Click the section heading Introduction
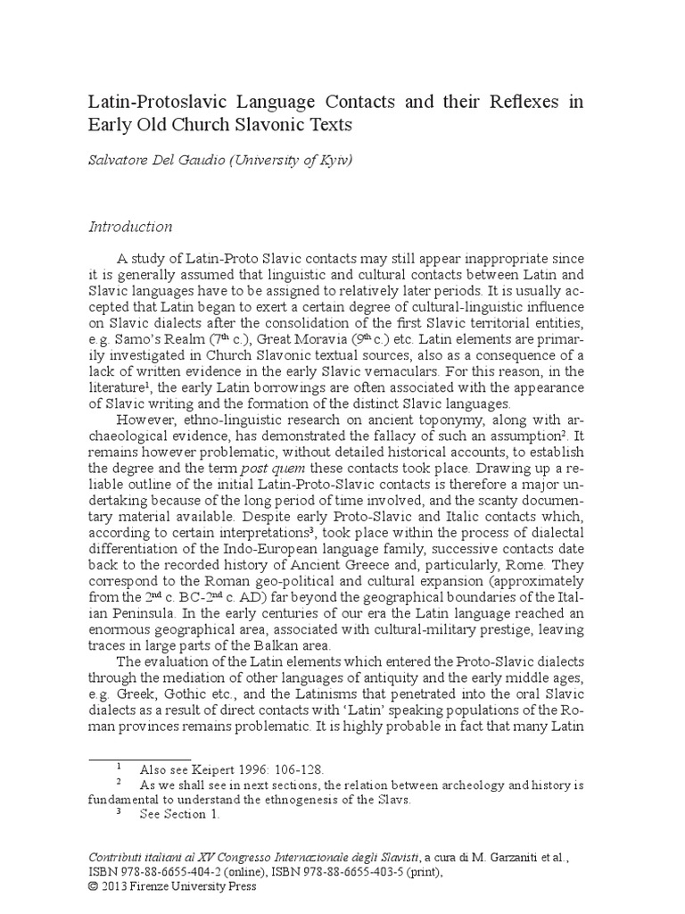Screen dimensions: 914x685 (130, 227)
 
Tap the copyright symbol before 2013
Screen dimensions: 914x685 (95, 886)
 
